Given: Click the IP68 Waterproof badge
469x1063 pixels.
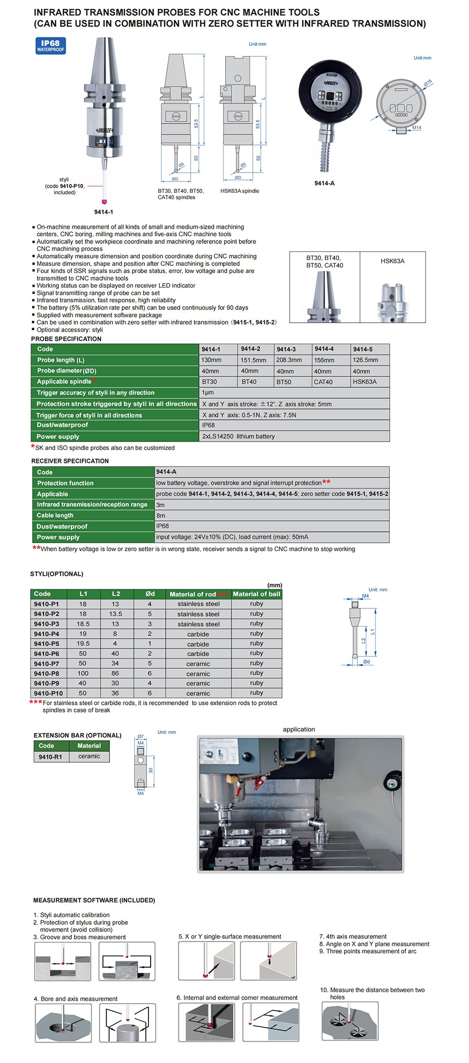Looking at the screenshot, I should [x=51, y=46].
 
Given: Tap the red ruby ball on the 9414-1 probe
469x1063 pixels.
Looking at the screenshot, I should [x=104, y=201].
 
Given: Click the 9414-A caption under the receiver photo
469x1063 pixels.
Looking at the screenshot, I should [x=324, y=184].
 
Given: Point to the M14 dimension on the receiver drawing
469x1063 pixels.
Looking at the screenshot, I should [x=416, y=128].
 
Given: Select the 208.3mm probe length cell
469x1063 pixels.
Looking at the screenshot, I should [x=289, y=360].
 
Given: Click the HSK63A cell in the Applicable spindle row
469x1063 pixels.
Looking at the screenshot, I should [x=365, y=382].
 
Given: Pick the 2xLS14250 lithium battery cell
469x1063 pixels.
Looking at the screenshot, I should [x=239, y=436].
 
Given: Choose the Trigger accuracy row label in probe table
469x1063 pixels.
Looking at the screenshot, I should [x=95, y=393].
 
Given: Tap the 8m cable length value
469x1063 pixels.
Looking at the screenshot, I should [x=161, y=516].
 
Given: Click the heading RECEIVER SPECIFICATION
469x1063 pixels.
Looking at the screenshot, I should [x=70, y=461].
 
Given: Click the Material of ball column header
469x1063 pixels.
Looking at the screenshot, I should [x=256, y=594].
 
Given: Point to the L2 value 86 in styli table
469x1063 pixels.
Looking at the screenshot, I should [x=115, y=674].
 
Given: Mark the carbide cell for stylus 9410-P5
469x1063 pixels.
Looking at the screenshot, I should [x=198, y=644].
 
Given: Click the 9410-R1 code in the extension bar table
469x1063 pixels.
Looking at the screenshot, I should [x=50, y=757].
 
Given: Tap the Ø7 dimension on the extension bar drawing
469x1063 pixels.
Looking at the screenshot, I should [x=140, y=737].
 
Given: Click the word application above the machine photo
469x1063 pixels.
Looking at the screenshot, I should [x=299, y=729].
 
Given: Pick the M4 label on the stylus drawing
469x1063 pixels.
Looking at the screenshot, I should [x=365, y=596].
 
